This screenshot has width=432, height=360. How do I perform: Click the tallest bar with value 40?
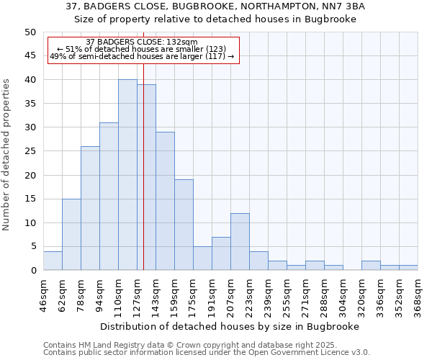pyautogui.click(x=127, y=175)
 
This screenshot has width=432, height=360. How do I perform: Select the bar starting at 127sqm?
pyautogui.click(x=146, y=177)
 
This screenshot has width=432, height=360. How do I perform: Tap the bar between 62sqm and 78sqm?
pyautogui.click(x=71, y=234)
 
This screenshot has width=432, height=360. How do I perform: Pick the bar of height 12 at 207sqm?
pyautogui.click(x=240, y=241)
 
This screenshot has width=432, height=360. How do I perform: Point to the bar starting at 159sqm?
pyautogui.click(x=184, y=225)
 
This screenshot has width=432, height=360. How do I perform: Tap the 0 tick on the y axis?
pyautogui.click(x=32, y=271)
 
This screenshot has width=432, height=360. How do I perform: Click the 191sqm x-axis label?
pyautogui.click(x=212, y=297)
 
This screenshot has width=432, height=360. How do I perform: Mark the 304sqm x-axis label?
pyautogui.click(x=343, y=297)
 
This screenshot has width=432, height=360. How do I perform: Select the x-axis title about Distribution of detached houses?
pyautogui.click(x=230, y=326)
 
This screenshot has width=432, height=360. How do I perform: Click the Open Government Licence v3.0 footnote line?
pyautogui.click(x=206, y=353)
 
